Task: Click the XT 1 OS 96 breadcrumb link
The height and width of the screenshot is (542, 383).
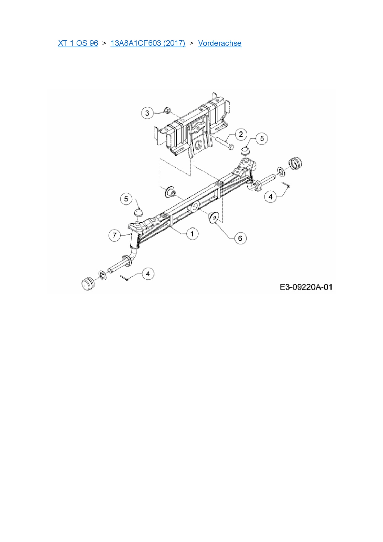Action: pyautogui.click(x=78, y=43)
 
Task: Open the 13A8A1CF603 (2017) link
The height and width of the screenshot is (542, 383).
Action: pyautogui.click(x=148, y=43)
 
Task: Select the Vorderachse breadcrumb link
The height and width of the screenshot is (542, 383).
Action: pyautogui.click(x=220, y=43)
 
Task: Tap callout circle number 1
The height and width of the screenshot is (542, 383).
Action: pyautogui.click(x=192, y=234)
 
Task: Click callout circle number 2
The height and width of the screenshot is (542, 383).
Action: pyautogui.click(x=241, y=134)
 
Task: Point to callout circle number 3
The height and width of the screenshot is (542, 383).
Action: pyautogui.click(x=147, y=113)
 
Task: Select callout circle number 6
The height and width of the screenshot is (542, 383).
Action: pyautogui.click(x=240, y=238)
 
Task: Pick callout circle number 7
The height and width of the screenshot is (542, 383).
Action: pyautogui.click(x=115, y=235)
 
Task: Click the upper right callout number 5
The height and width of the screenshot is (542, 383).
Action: pyautogui.click(x=262, y=138)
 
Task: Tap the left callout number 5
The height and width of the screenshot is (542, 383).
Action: pyautogui.click(x=126, y=199)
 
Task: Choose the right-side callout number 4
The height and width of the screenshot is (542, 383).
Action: pyautogui.click(x=271, y=197)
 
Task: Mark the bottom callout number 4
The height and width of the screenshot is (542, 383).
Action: pyautogui.click(x=148, y=274)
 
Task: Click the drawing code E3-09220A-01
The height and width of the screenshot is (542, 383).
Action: pyautogui.click(x=306, y=287)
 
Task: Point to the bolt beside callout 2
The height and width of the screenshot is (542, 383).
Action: pyautogui.click(x=225, y=144)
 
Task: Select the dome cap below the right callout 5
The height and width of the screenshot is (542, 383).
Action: pyautogui.click(x=245, y=151)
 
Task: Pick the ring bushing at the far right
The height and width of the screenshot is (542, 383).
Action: pyautogui.click(x=295, y=163)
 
